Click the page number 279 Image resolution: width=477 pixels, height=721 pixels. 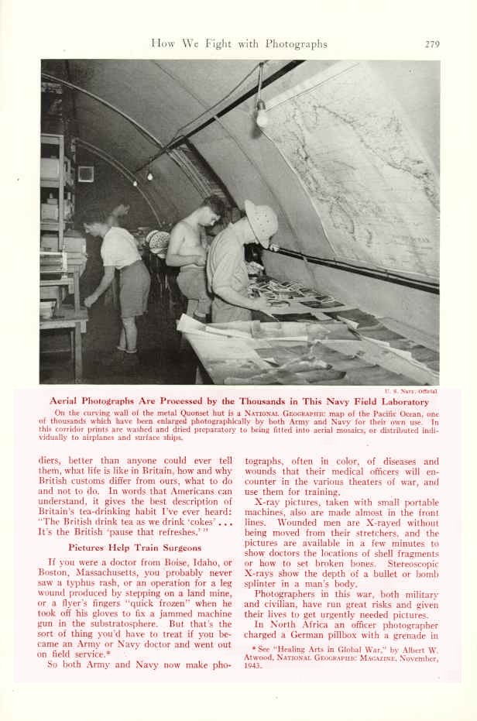pyautogui.click(x=432, y=44)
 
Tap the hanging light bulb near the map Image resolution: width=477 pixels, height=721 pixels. pyautogui.click(x=261, y=116)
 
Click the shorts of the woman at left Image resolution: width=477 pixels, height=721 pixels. pyautogui.click(x=133, y=287)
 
